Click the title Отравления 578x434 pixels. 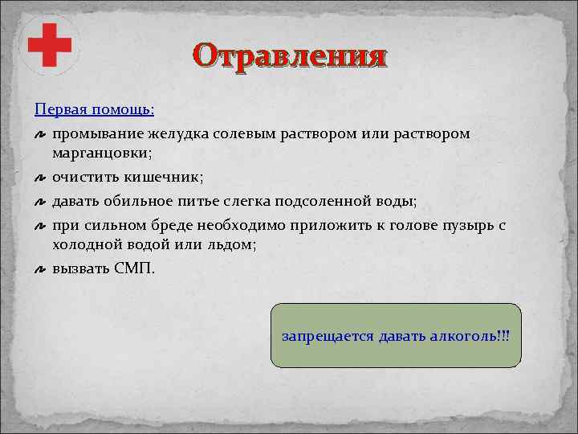290,56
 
